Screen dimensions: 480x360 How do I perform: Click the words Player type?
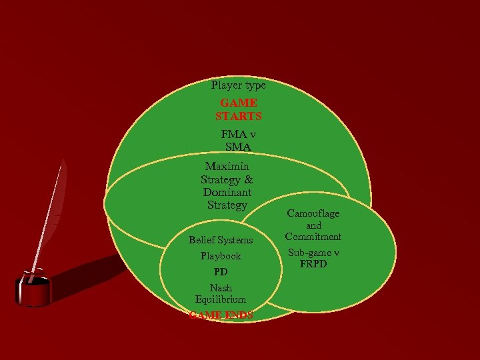pyautogui.click(x=238, y=85)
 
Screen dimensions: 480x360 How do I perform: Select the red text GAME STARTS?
pyautogui.click(x=239, y=109)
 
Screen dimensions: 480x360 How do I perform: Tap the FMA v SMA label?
pyautogui.click(x=239, y=141)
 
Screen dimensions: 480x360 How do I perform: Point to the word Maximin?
pyautogui.click(x=227, y=167)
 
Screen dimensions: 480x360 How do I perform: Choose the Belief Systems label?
pyautogui.click(x=221, y=240)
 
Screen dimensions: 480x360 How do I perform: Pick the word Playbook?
pyautogui.click(x=221, y=256)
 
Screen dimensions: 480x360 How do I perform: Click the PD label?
pyautogui.click(x=221, y=272)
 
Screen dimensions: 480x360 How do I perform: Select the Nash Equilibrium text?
pyautogui.click(x=221, y=294)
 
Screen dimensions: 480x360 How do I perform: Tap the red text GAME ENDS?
pyautogui.click(x=221, y=315)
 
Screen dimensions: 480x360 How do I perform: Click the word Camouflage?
pyautogui.click(x=313, y=213)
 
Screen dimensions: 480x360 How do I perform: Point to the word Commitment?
pyautogui.click(x=313, y=237)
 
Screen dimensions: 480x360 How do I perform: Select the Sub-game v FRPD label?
pyautogui.click(x=313, y=258)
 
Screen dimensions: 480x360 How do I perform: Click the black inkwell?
pyautogui.click(x=33, y=290)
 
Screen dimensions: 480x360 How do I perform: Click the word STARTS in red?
pyautogui.click(x=239, y=116)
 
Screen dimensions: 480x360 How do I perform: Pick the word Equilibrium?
pyautogui.click(x=221, y=300)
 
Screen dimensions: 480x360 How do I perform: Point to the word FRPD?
pyautogui.click(x=313, y=263)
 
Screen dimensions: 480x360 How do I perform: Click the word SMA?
pyautogui.click(x=238, y=147)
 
